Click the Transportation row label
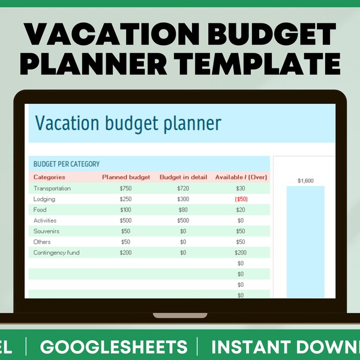point(52,188)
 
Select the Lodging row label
point(44,199)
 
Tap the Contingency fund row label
point(56,253)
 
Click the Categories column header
point(49,178)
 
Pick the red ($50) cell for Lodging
point(240,199)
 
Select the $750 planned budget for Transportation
point(125,188)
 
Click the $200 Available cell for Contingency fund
point(240,253)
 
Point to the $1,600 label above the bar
point(306,180)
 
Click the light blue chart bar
point(306,240)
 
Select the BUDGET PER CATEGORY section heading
point(67,164)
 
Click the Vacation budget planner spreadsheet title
point(128,123)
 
